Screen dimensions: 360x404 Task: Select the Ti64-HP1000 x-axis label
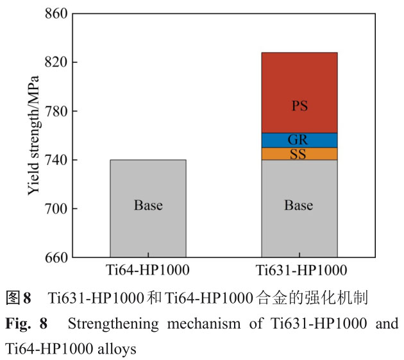[148, 270]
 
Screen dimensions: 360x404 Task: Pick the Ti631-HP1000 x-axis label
[299, 270]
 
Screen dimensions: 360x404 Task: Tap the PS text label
[299, 107]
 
